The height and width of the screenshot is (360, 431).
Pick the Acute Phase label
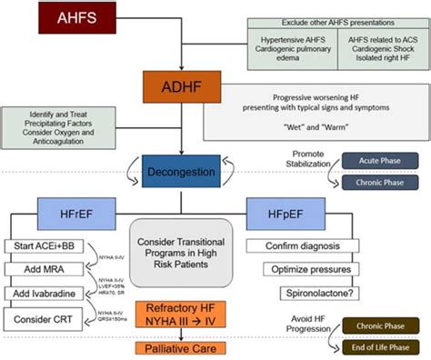tap(373, 159)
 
